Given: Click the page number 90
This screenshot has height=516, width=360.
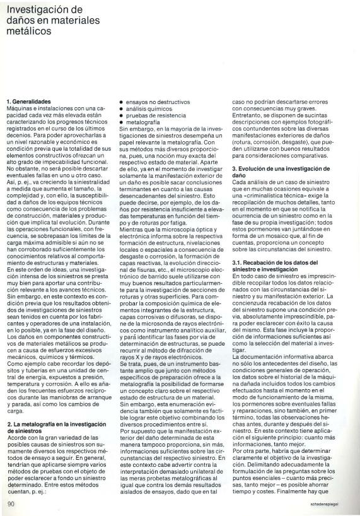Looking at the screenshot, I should pyautogui.click(x=11, y=503).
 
